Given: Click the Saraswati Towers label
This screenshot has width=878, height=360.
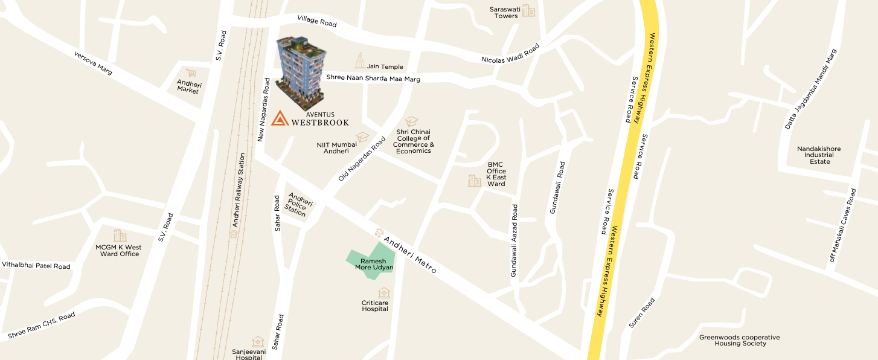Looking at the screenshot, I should pyautogui.click(x=506, y=12).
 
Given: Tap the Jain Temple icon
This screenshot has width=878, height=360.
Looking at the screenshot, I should pyautogui.click(x=360, y=60).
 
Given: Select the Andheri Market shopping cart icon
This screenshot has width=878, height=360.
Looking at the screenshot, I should pyautogui.click(x=191, y=73).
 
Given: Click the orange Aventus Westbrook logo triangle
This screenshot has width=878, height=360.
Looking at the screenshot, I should pyautogui.click(x=280, y=118).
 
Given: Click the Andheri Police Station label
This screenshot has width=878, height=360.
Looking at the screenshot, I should pyautogui.click(x=297, y=204).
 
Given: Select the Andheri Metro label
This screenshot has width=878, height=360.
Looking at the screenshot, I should pyautogui.click(x=411, y=254).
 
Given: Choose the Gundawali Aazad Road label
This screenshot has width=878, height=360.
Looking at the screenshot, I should pyautogui.click(x=514, y=240).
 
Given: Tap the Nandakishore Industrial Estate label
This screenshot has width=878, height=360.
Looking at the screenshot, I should pyautogui.click(x=819, y=155).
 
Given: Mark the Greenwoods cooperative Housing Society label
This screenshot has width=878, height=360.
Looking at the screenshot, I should pyautogui.click(x=739, y=340).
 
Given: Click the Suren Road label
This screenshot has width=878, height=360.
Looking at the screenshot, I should pyautogui.click(x=641, y=313).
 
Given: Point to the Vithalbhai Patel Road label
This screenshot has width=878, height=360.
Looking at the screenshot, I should pyautogui.click(x=36, y=266).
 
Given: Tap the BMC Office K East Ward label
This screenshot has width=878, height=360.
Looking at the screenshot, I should pyautogui.click(x=496, y=174).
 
